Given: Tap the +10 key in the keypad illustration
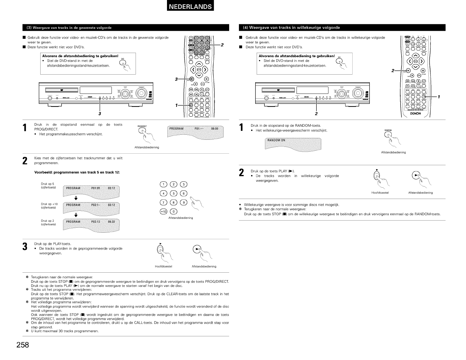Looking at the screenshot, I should (x=163, y=211).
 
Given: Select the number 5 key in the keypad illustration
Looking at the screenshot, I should (x=174, y=194).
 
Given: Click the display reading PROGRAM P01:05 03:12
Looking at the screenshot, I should (x=91, y=192).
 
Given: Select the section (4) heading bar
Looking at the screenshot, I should (x=342, y=28).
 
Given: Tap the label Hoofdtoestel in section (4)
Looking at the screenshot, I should (x=380, y=193).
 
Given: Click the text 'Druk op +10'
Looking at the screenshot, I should (x=49, y=204).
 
